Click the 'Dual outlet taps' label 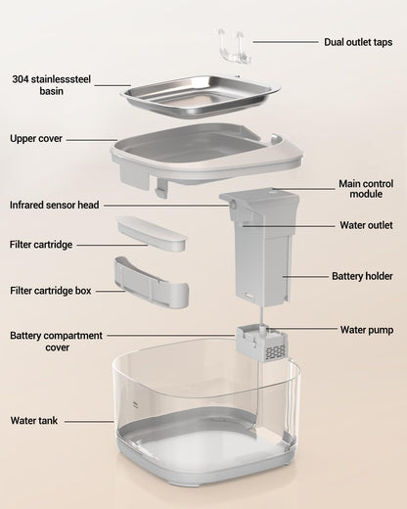tap(358, 42)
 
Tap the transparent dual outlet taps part tap(234, 46)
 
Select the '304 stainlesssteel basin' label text tap(52, 85)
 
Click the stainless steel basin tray tap(201, 95)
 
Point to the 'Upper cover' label tap(36, 138)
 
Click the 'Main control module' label tap(366, 189)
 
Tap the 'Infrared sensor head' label tap(54, 205)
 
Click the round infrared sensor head tap(234, 206)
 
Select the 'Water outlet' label tap(366, 225)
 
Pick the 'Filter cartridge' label tap(41, 245)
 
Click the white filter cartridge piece tap(152, 233)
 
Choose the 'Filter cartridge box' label tap(51, 291)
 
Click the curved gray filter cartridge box tap(152, 282)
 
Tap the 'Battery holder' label tap(362, 276)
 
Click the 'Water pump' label tap(367, 330)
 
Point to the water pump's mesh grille tap(276, 352)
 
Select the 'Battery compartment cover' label tap(57, 342)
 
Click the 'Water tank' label tap(34, 420)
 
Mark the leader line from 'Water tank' tap(89, 422)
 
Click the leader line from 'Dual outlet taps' tap(286, 42)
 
